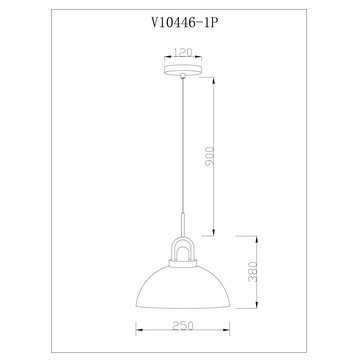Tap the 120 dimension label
pos(183,52)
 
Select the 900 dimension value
pos(210,157)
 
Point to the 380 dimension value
pos(253,272)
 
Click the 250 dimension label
pos(183,326)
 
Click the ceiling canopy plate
pos(183,70)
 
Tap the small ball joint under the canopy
pos(183,76)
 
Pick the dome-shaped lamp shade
pos(183,287)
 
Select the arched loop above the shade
pos(183,239)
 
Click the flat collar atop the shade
pos(183,264)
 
